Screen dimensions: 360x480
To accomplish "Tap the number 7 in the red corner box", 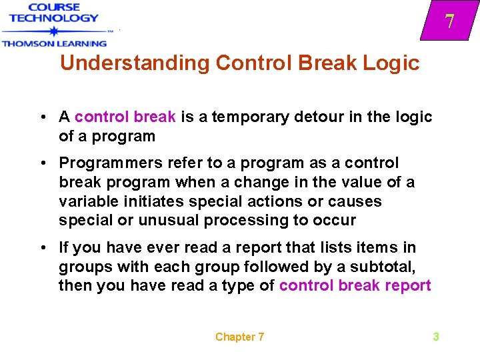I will pyautogui.click(x=450, y=21).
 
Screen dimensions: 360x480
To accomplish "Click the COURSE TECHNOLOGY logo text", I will pyautogui.click(x=54, y=13).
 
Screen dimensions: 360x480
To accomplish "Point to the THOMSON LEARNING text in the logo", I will pyautogui.click(x=54, y=44).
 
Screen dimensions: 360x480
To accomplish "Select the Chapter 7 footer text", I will pyautogui.click(x=239, y=337).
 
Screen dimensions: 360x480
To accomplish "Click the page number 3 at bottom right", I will pyautogui.click(x=436, y=337).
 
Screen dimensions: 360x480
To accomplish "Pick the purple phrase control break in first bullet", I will pyautogui.click(x=125, y=117).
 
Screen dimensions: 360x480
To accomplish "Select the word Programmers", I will pyautogui.click(x=103, y=163).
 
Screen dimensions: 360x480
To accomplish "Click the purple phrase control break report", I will pyautogui.click(x=355, y=286).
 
